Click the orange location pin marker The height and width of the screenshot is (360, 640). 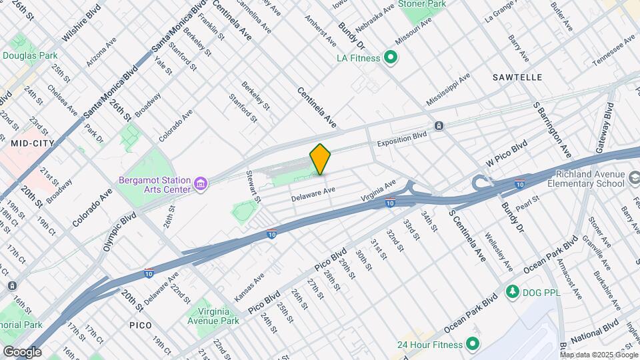320,159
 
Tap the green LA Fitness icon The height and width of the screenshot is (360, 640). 391,58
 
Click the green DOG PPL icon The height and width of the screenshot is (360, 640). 513,292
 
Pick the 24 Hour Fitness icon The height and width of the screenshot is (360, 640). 473,345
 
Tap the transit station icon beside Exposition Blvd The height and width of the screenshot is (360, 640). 439,125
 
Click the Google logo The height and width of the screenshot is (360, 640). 22,351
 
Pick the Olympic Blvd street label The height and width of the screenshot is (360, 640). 120,231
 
